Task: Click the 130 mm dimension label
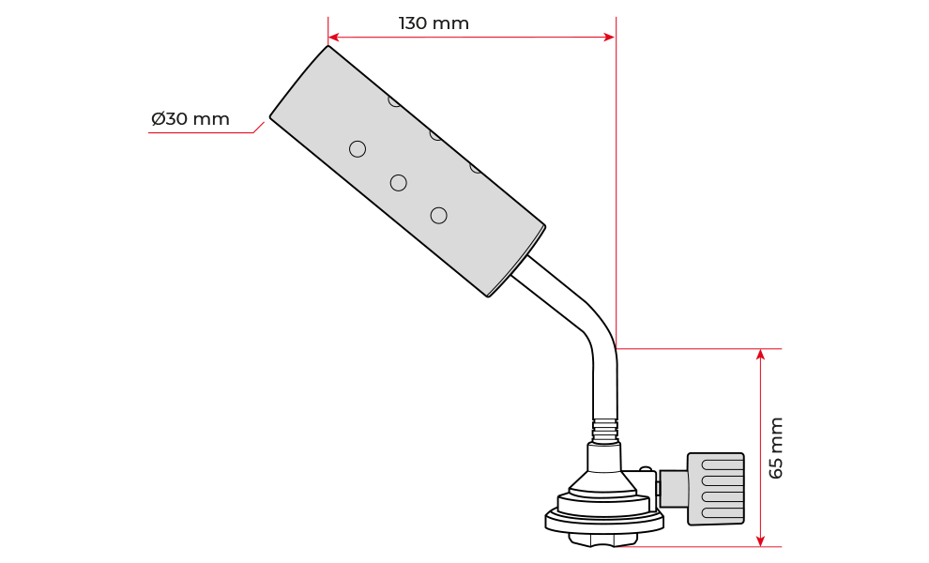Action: pos(434,23)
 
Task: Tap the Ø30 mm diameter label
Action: pos(190,120)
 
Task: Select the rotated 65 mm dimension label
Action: pos(775,448)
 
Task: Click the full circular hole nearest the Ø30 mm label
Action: pos(358,149)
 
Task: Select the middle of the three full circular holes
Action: pos(399,183)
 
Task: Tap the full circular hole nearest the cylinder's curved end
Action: pos(438,216)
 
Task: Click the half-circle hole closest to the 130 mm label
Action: pos(395,100)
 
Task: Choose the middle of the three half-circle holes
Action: pos(436,134)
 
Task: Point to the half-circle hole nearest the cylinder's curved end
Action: pos(477,168)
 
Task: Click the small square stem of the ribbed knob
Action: pos(674,489)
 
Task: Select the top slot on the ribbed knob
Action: pos(722,464)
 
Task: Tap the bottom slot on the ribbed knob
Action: pos(722,512)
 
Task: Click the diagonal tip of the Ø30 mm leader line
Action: pos(259,127)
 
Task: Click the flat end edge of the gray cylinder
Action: pos(299,82)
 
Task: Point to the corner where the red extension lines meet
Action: pos(617,349)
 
